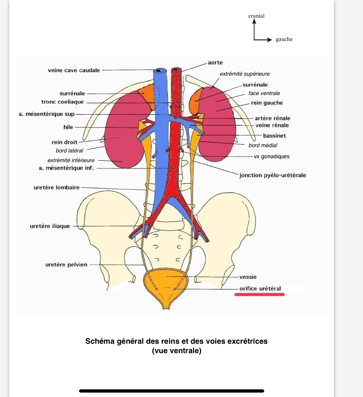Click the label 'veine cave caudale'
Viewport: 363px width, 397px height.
tap(74, 70)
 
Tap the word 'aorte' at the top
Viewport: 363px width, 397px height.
tap(215, 63)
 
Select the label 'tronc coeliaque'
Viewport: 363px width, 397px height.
tap(62, 102)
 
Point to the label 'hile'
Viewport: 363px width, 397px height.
tap(68, 127)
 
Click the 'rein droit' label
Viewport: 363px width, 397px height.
tap(64, 142)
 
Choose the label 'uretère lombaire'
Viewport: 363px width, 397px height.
tap(56, 187)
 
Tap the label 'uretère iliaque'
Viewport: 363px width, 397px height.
tap(50, 226)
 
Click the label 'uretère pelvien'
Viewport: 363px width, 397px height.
tap(66, 265)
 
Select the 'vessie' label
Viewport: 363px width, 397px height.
tap(248, 277)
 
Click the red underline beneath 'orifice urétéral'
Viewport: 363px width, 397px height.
tap(259, 294)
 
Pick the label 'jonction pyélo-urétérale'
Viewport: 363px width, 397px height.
tap(272, 175)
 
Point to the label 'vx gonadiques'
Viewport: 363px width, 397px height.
tap(272, 156)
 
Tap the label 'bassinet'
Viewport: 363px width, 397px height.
tap(274, 136)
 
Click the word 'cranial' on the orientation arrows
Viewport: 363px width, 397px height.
tap(256, 16)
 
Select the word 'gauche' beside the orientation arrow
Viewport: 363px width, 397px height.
tap(284, 39)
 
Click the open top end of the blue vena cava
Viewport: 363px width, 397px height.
tap(160, 71)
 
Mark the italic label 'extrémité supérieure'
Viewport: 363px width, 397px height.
tap(245, 74)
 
